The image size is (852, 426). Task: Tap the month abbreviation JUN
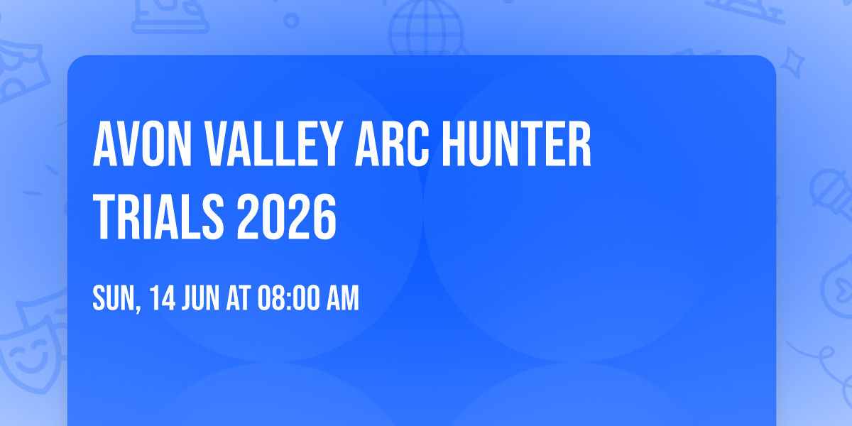(203, 299)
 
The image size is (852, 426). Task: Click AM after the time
(344, 299)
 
